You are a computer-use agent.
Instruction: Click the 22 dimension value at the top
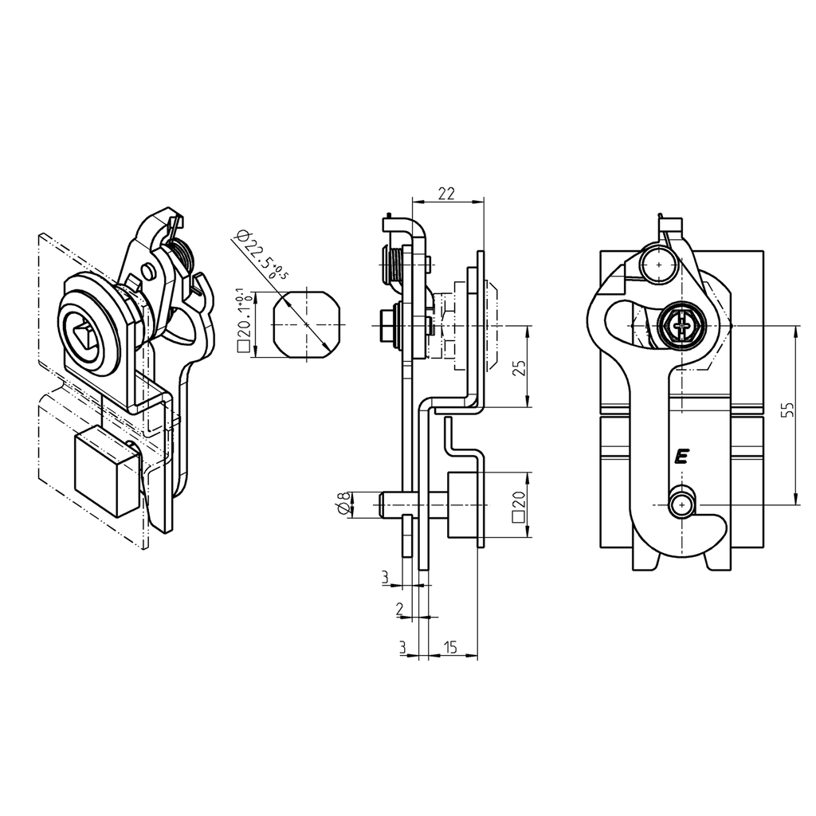(446, 193)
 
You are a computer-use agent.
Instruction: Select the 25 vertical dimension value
(518, 367)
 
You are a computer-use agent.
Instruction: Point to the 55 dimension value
(787, 410)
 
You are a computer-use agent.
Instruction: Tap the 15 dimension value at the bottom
(451, 647)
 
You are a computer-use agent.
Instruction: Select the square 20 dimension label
(520, 505)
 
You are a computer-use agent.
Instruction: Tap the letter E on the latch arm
(681, 457)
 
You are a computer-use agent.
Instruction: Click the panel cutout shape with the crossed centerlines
(308, 324)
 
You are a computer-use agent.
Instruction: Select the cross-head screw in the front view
(681, 326)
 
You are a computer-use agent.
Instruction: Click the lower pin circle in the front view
(681, 505)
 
